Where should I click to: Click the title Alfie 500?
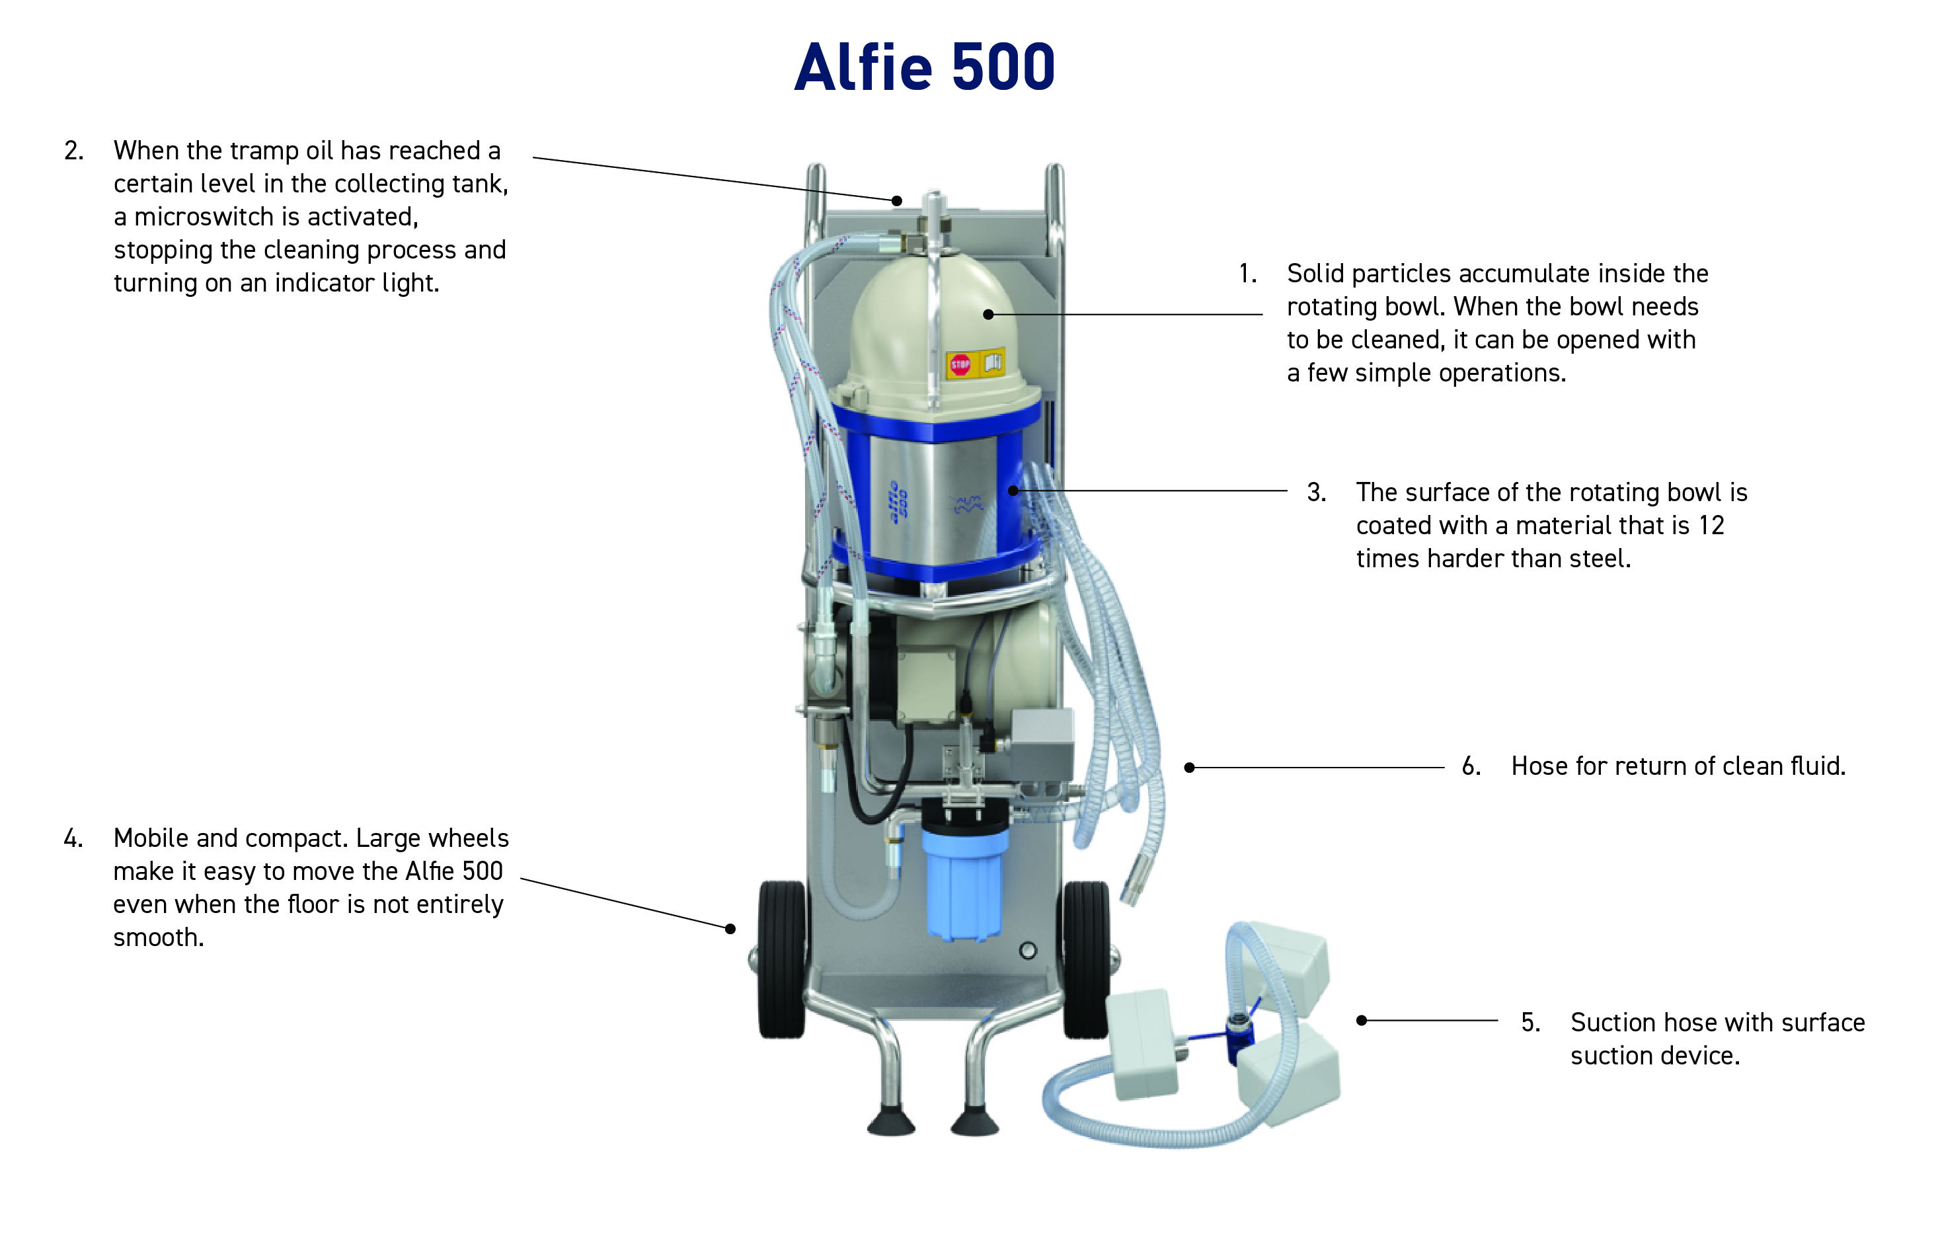924,67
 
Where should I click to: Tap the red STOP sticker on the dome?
960,364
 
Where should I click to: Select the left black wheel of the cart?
781,958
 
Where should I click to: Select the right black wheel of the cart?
1086,958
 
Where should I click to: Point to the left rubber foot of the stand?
891,1121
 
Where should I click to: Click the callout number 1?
1247,274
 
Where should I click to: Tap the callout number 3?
1316,493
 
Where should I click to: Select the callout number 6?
1471,766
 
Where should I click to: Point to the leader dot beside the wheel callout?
730,929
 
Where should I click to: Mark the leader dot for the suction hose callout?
1361,1021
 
